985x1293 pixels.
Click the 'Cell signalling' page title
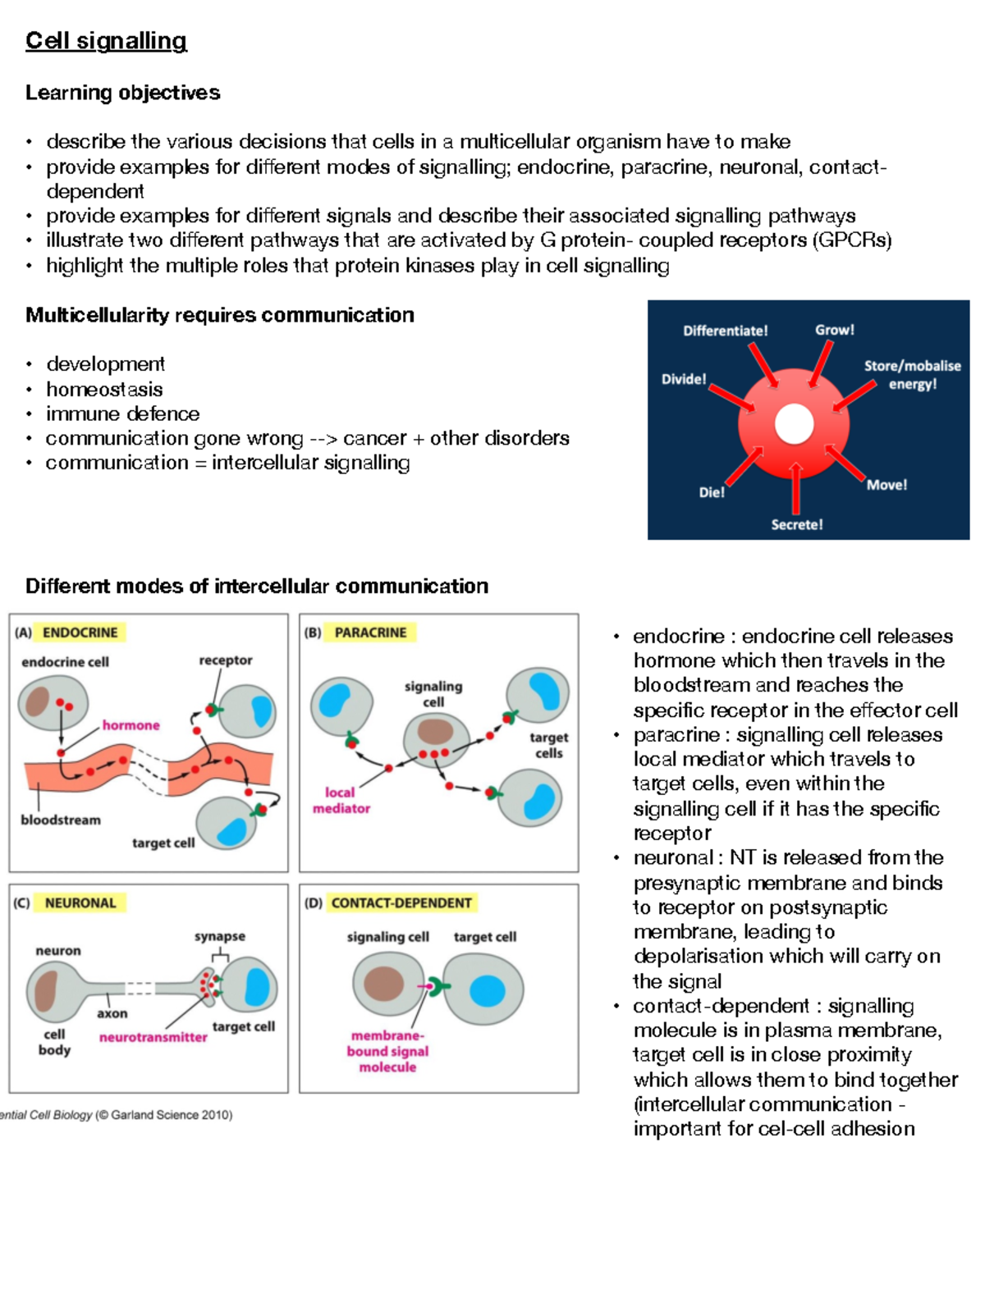click(106, 41)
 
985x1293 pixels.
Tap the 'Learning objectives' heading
click(122, 93)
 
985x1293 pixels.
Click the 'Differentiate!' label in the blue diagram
click(725, 331)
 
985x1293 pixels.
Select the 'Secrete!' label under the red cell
click(796, 524)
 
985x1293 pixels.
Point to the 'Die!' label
click(712, 492)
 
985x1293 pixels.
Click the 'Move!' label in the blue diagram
click(886, 485)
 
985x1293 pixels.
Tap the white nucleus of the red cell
click(794, 424)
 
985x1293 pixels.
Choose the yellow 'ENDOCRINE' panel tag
click(80, 633)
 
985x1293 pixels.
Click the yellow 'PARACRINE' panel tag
click(370, 633)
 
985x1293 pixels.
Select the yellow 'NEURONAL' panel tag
click(80, 902)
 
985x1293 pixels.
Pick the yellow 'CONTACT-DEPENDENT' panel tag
click(401, 902)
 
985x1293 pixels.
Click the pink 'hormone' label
click(131, 725)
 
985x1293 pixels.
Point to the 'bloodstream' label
click(61, 820)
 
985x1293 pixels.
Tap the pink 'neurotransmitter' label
click(153, 1037)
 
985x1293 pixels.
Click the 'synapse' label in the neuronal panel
click(220, 936)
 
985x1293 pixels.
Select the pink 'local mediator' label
click(341, 800)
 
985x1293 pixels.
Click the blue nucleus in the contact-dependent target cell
click(487, 990)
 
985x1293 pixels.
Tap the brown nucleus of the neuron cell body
click(45, 990)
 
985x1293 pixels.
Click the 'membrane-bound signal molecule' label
click(387, 1051)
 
